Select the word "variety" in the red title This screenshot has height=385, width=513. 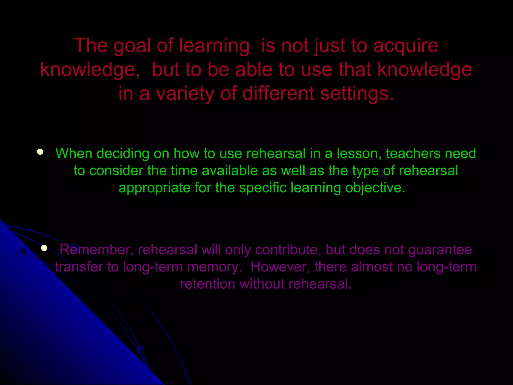pos(185,93)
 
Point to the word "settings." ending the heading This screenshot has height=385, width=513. pos(357,93)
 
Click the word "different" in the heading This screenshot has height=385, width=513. pos(278,93)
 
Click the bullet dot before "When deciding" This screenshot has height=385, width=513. pos(40,152)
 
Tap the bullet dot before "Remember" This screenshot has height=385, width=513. pos(44,248)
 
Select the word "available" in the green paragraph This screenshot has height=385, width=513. pos(230,171)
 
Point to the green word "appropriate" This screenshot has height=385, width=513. pos(155,188)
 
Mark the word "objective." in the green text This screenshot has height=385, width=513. pos(375,188)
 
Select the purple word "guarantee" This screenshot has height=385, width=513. pos(440,250)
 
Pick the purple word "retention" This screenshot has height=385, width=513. pos(208,284)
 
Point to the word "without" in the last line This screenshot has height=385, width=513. pos(262,284)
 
